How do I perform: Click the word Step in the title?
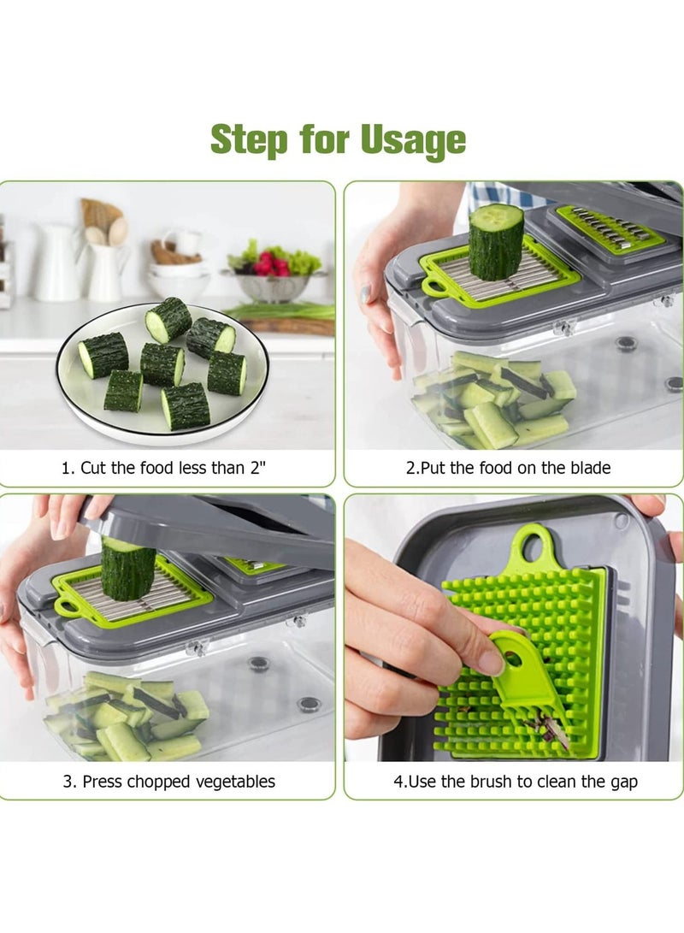(250, 139)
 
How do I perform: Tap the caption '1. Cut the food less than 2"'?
(168, 468)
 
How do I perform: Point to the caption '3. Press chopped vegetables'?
(168, 781)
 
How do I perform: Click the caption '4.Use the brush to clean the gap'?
(515, 781)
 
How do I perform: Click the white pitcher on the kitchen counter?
(60, 262)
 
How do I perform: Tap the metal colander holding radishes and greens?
(273, 285)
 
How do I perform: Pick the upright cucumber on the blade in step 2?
(495, 241)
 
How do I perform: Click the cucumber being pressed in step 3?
(128, 569)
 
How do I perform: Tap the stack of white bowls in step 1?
(178, 274)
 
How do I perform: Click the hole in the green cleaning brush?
(511, 658)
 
